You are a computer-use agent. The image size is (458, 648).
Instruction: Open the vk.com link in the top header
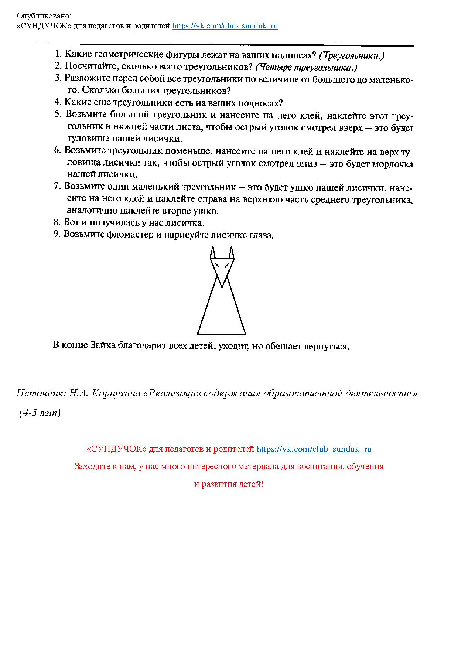click(x=225, y=26)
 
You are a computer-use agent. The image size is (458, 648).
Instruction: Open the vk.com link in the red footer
click(x=314, y=449)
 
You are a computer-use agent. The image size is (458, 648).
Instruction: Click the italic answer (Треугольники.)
click(x=352, y=55)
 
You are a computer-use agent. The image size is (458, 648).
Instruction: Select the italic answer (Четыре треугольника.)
click(x=306, y=68)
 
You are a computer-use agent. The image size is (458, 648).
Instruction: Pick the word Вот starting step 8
click(x=71, y=222)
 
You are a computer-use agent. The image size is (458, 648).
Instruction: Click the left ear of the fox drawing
click(x=213, y=253)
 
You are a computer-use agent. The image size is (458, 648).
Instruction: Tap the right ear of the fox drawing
click(x=231, y=253)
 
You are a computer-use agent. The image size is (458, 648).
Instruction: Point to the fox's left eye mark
click(x=217, y=265)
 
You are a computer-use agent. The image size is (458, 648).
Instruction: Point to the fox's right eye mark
click(x=227, y=265)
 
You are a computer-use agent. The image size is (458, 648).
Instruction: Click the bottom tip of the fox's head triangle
click(x=222, y=287)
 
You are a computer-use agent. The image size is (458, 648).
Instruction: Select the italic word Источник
click(x=40, y=393)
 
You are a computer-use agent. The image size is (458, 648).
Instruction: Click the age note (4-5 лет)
click(x=40, y=413)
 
